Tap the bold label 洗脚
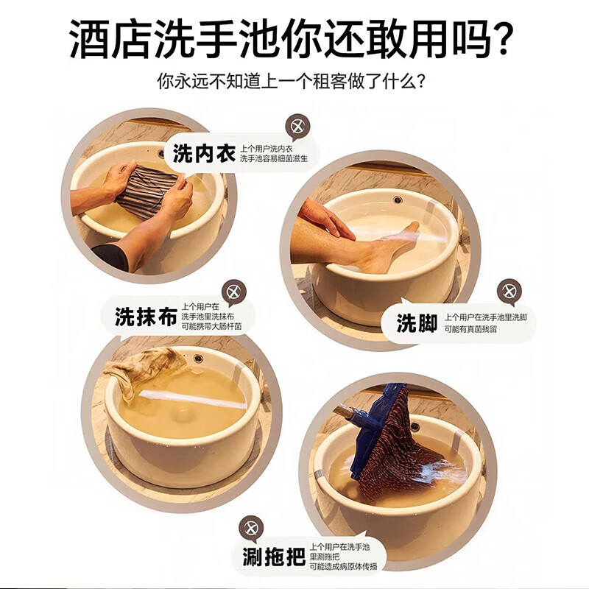click(x=417, y=324)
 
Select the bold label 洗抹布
click(x=147, y=317)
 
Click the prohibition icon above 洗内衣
click(x=296, y=127)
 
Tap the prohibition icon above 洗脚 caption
click(x=509, y=292)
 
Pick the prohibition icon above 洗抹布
click(x=234, y=292)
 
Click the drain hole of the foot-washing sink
click(x=398, y=200)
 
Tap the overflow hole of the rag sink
click(x=198, y=359)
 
